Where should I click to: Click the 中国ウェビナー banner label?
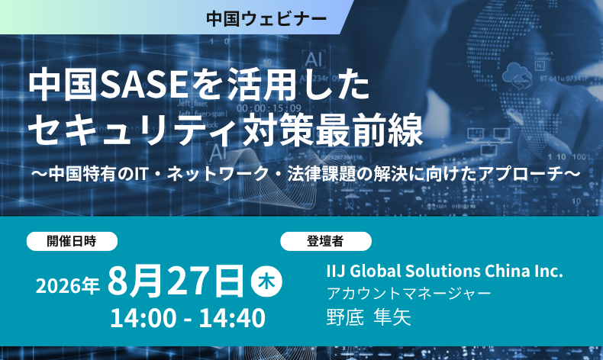(x=266, y=18)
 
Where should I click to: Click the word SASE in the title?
(x=143, y=85)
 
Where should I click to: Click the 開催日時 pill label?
(x=72, y=241)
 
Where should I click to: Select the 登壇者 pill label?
(x=325, y=241)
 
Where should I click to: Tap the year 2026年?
(x=68, y=285)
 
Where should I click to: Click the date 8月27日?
(x=176, y=281)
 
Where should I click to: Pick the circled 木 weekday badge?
(x=266, y=281)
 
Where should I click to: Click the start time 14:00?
(x=143, y=318)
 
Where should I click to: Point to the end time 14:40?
(x=232, y=318)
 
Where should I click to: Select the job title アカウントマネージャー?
(x=409, y=294)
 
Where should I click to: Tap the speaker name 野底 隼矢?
(x=369, y=317)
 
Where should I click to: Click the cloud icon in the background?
(x=517, y=75)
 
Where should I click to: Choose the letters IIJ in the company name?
(x=335, y=271)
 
